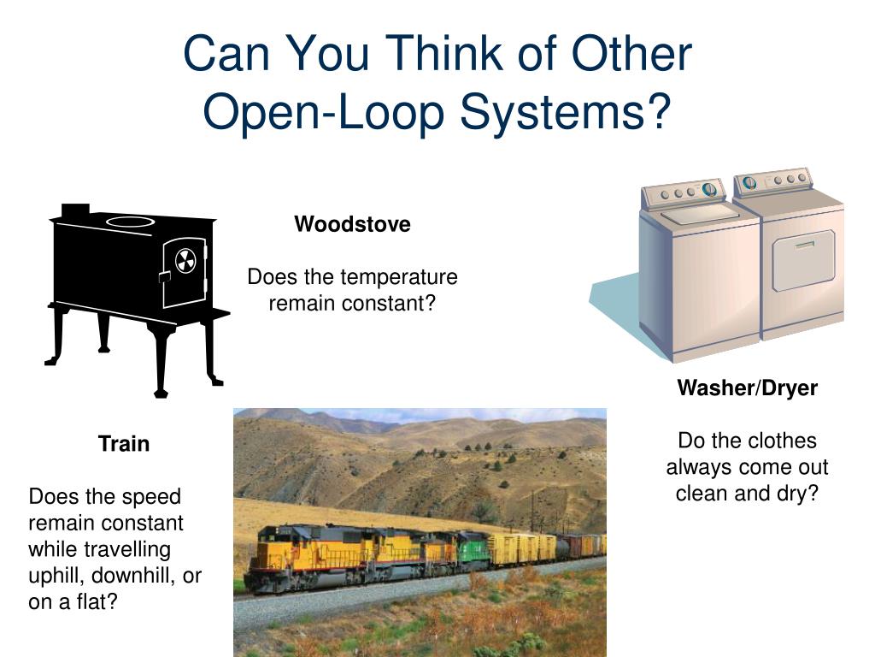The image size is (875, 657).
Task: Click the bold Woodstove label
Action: pos(352,225)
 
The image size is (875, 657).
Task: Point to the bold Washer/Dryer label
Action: pos(747,388)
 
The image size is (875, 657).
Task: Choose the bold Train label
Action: pos(124,444)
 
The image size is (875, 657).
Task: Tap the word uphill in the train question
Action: pos(55,576)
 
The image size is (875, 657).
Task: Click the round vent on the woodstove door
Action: pos(185,262)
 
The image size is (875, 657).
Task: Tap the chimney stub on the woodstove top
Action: pos(75,210)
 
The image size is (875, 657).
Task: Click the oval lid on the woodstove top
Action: pos(130,222)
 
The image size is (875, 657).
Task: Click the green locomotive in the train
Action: pos(473,550)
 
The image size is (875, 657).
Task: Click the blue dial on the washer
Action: pos(708,189)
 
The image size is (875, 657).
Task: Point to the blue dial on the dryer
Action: pos(749,182)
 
